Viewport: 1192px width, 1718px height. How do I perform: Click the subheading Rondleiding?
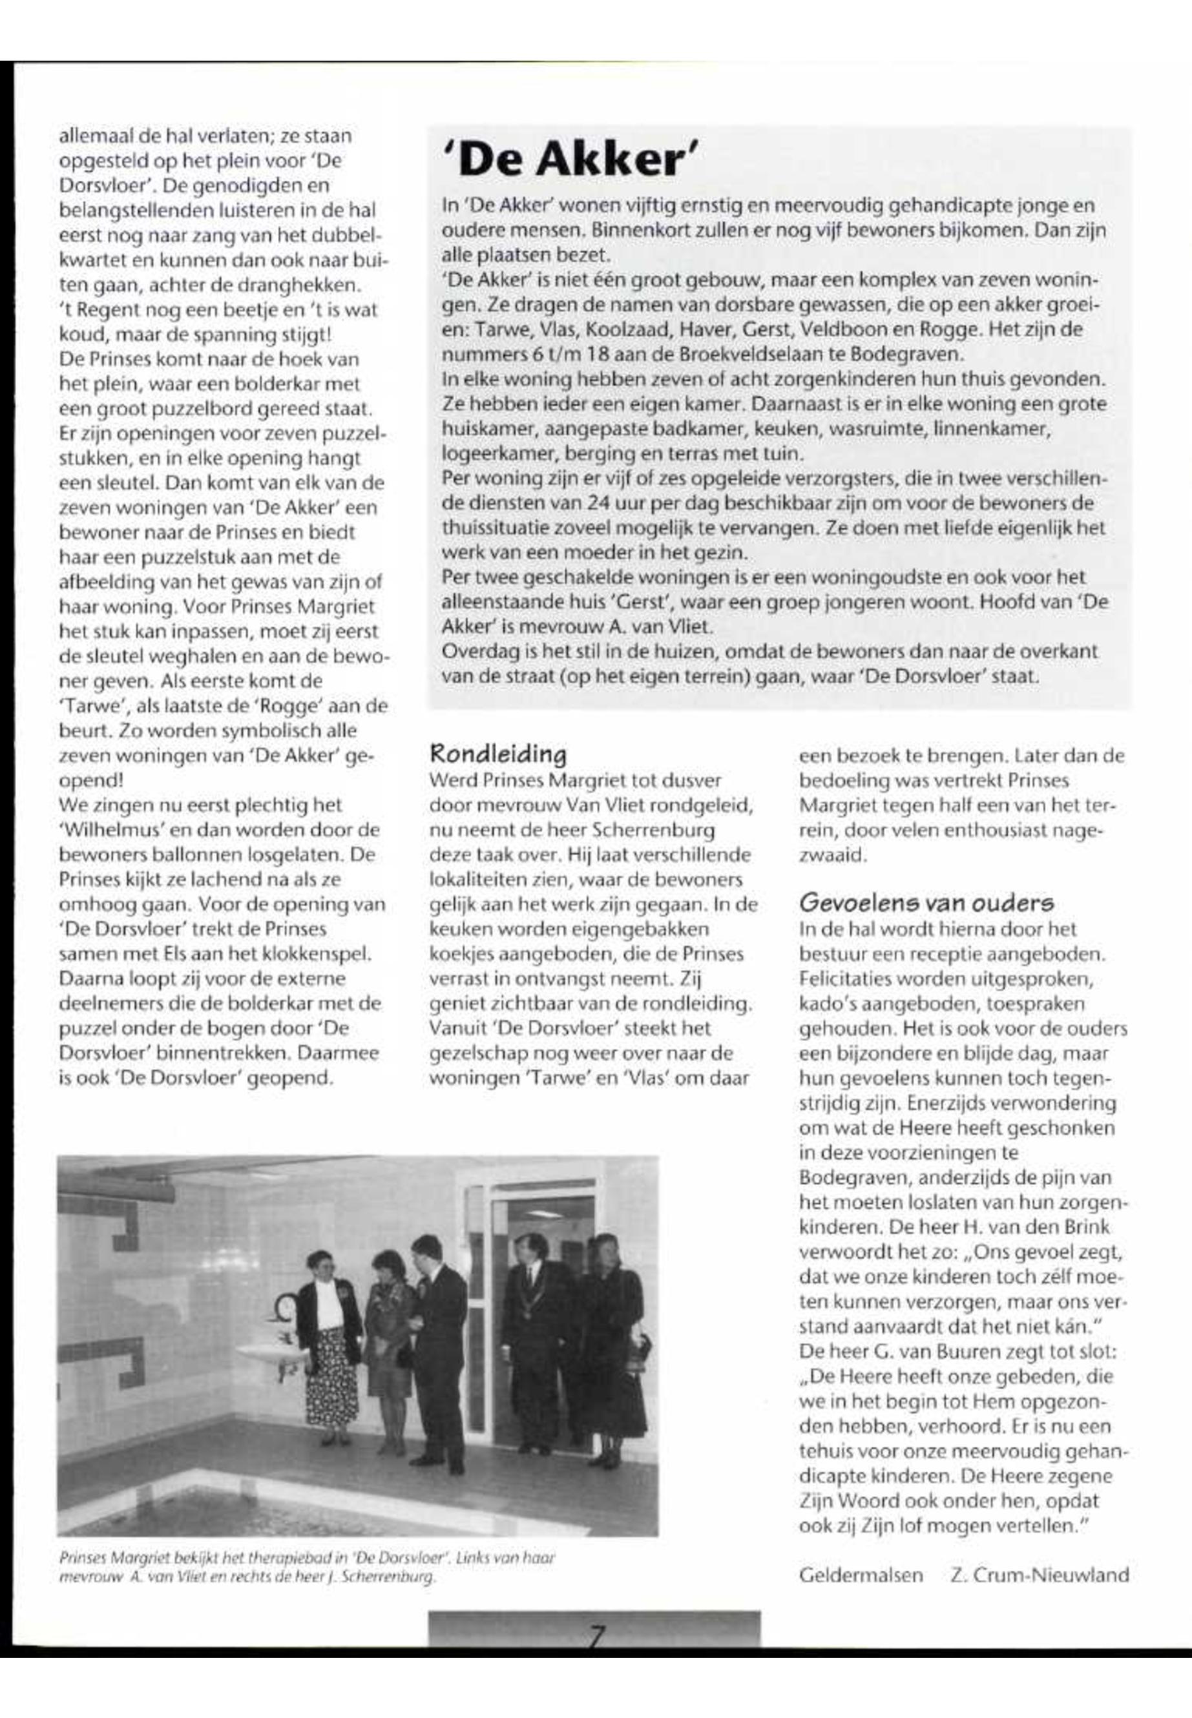pyautogui.click(x=498, y=752)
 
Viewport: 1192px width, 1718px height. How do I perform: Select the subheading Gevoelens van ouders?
pyautogui.click(x=926, y=903)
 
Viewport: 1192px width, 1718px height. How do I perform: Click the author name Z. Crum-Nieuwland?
pyautogui.click(x=1040, y=1575)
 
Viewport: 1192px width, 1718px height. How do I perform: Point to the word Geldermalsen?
pyautogui.click(x=861, y=1575)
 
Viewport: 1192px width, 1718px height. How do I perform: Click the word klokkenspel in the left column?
pyautogui.click(x=317, y=953)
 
